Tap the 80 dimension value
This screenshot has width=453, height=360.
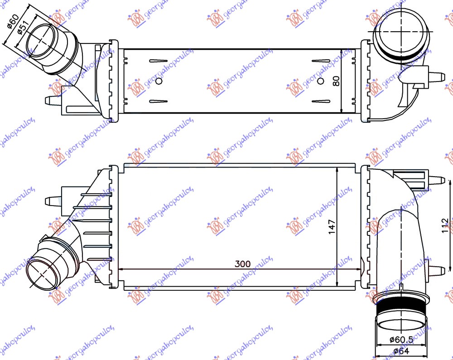335,81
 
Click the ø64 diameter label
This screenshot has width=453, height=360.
400,351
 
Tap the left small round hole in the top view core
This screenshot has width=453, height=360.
159,81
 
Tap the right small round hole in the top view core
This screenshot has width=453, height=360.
321,81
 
